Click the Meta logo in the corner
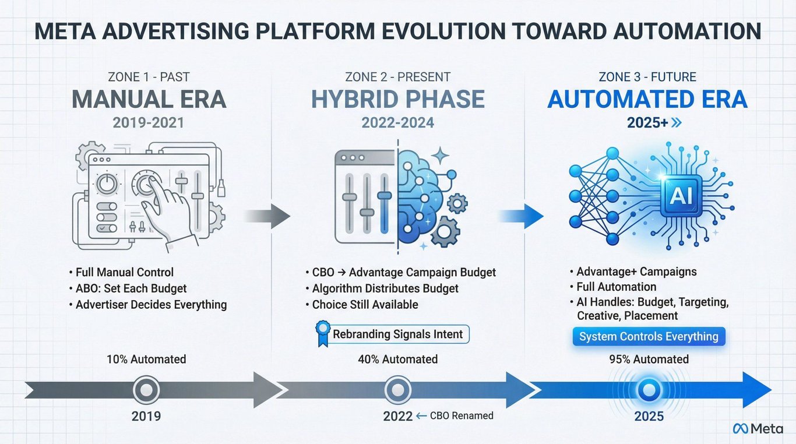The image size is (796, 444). (758, 428)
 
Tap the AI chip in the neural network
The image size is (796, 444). (681, 196)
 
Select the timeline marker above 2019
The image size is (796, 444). (146, 390)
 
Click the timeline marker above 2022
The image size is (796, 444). (397, 390)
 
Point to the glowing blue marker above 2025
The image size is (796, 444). (649, 390)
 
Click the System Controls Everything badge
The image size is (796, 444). (649, 336)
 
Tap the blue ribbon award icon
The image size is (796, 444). (323, 333)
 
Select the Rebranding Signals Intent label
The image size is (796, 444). (397, 334)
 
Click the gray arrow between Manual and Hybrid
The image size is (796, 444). (267, 216)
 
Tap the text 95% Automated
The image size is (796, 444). (649, 359)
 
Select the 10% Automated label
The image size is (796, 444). (146, 359)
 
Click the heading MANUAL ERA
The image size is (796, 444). (149, 99)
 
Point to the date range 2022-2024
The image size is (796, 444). (397, 123)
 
